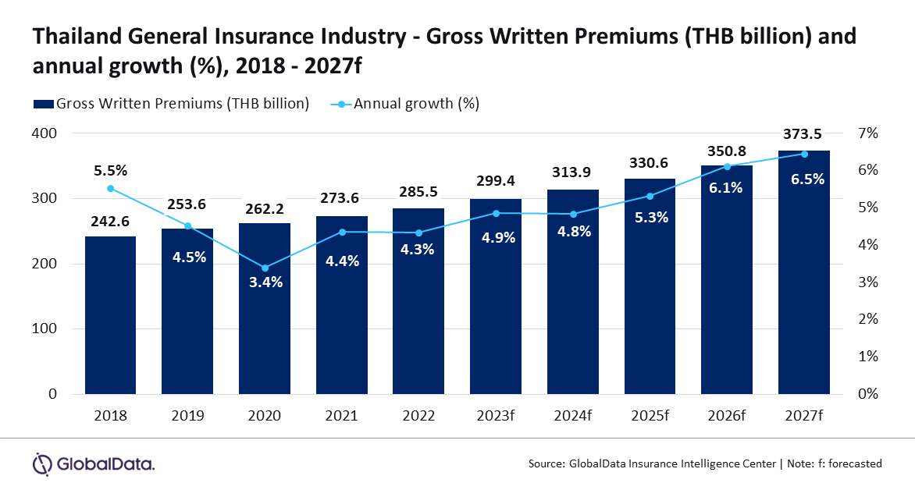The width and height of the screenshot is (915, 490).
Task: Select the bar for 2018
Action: click(x=110, y=315)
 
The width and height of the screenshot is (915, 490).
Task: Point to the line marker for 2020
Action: click(x=265, y=268)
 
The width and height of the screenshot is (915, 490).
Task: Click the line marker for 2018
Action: click(x=110, y=188)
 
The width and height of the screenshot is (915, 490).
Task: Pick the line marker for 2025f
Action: click(x=650, y=196)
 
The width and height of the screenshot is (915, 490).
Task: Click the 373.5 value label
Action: click(x=804, y=137)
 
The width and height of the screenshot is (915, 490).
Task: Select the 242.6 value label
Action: click(x=110, y=222)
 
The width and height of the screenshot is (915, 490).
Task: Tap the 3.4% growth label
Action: click(x=265, y=282)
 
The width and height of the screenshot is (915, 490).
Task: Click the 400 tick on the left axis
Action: click(x=45, y=133)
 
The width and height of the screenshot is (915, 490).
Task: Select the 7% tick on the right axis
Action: click(x=868, y=133)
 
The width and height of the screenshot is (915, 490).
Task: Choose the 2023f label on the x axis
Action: click(x=496, y=416)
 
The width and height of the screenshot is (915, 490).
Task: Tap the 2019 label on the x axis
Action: click(x=187, y=416)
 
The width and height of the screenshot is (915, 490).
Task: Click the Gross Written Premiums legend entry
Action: click(x=170, y=103)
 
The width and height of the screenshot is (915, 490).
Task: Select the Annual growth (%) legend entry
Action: click(x=406, y=103)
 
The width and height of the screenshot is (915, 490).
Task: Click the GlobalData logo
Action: click(x=94, y=463)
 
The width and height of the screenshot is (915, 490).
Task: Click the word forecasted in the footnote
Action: click(x=852, y=463)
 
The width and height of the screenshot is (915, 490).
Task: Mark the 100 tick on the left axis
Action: click(x=45, y=329)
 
